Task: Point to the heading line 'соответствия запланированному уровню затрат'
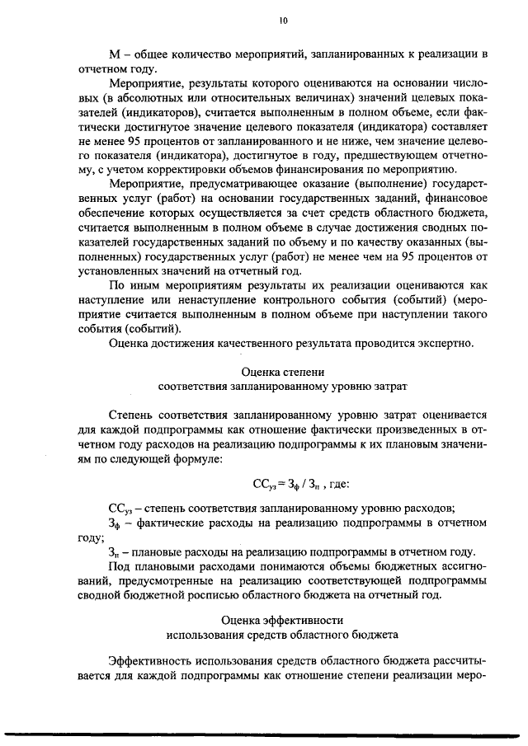point(283,386)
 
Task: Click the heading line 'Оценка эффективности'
point(283,619)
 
